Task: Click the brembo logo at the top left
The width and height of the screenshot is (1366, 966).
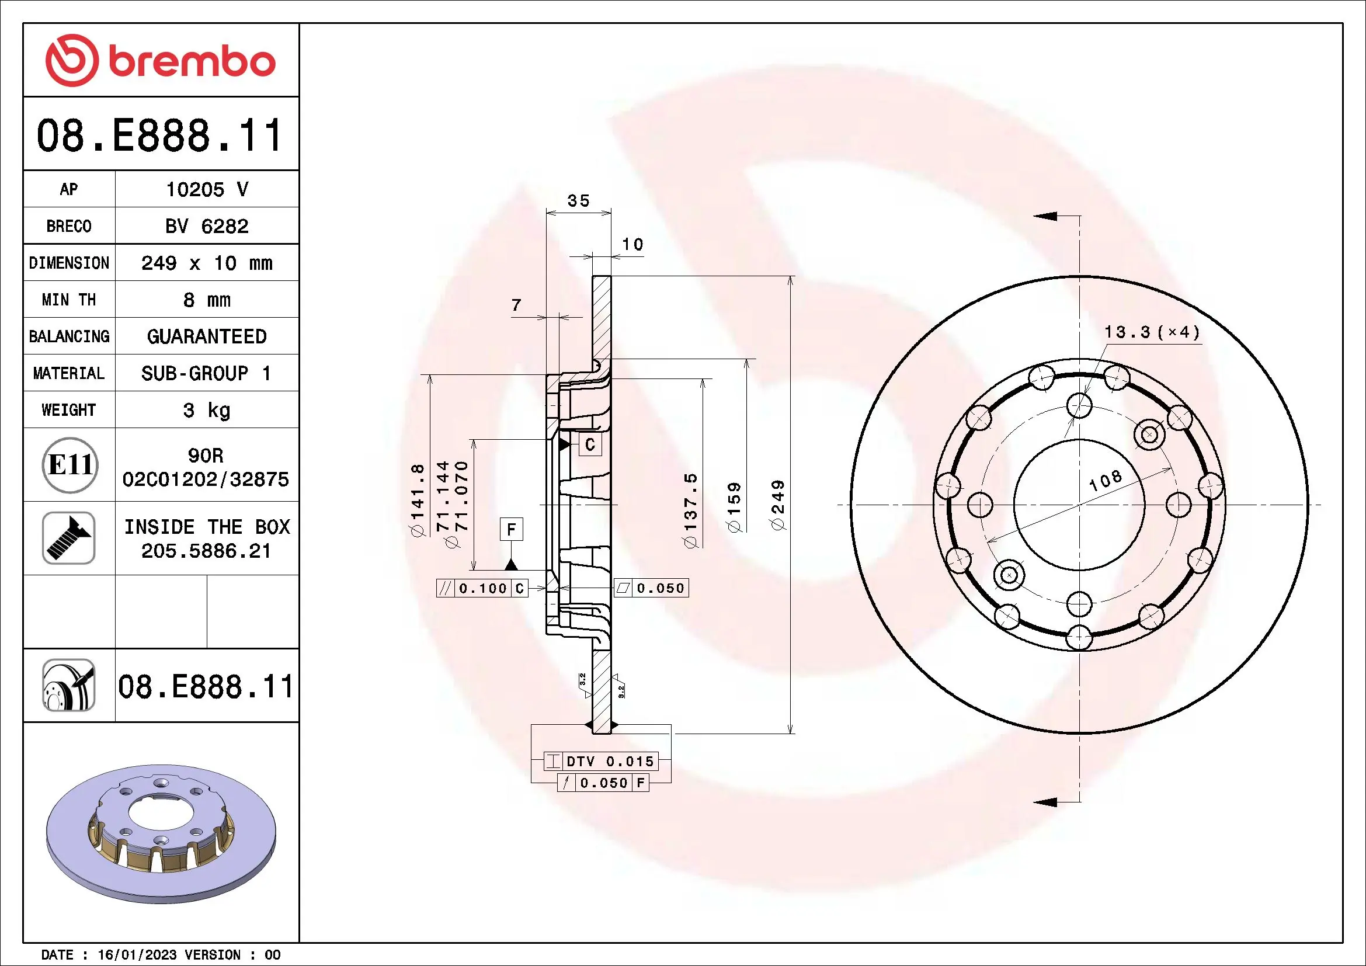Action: (161, 61)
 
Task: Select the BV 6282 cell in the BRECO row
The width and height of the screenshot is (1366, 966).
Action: (206, 226)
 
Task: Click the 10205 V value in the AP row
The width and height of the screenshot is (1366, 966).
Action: (206, 189)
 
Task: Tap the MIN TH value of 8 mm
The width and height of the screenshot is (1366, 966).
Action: (206, 300)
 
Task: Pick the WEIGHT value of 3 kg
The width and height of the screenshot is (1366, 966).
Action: (206, 410)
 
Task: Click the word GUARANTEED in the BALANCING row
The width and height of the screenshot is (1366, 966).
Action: (206, 336)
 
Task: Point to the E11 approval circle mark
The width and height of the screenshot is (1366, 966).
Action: (69, 464)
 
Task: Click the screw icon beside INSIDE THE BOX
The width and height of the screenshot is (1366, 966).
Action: (69, 538)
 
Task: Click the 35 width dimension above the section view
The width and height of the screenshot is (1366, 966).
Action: (578, 201)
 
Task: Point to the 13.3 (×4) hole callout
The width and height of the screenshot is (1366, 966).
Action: (1151, 332)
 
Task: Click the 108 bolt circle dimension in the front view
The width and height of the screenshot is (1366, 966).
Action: (1106, 480)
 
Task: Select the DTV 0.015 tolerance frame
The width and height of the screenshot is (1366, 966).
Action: (601, 761)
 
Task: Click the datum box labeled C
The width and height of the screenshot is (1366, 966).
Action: (590, 444)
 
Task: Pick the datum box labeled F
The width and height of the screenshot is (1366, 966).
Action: (511, 529)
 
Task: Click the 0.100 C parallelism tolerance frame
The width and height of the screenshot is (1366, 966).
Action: (482, 588)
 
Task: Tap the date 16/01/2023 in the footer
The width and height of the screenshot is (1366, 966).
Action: (137, 955)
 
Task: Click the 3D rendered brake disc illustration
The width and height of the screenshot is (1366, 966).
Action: (161, 833)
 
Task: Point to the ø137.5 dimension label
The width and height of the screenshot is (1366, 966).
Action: (690, 510)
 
